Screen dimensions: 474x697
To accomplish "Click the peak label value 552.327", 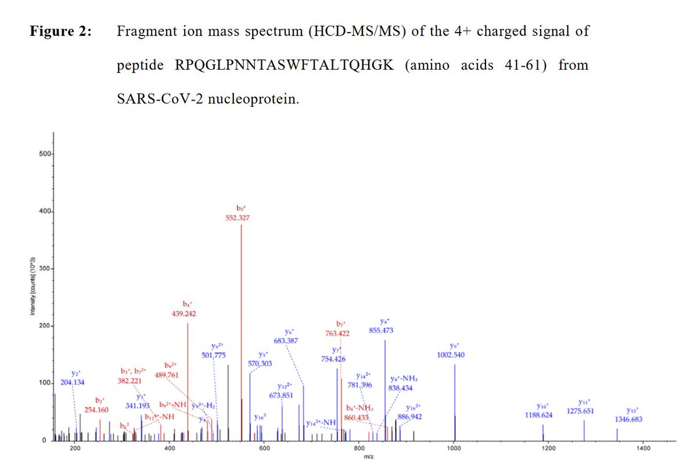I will click(x=238, y=218).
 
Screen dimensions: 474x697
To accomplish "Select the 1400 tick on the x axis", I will click(x=643, y=448).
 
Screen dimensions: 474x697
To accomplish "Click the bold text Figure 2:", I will click(x=61, y=31).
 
